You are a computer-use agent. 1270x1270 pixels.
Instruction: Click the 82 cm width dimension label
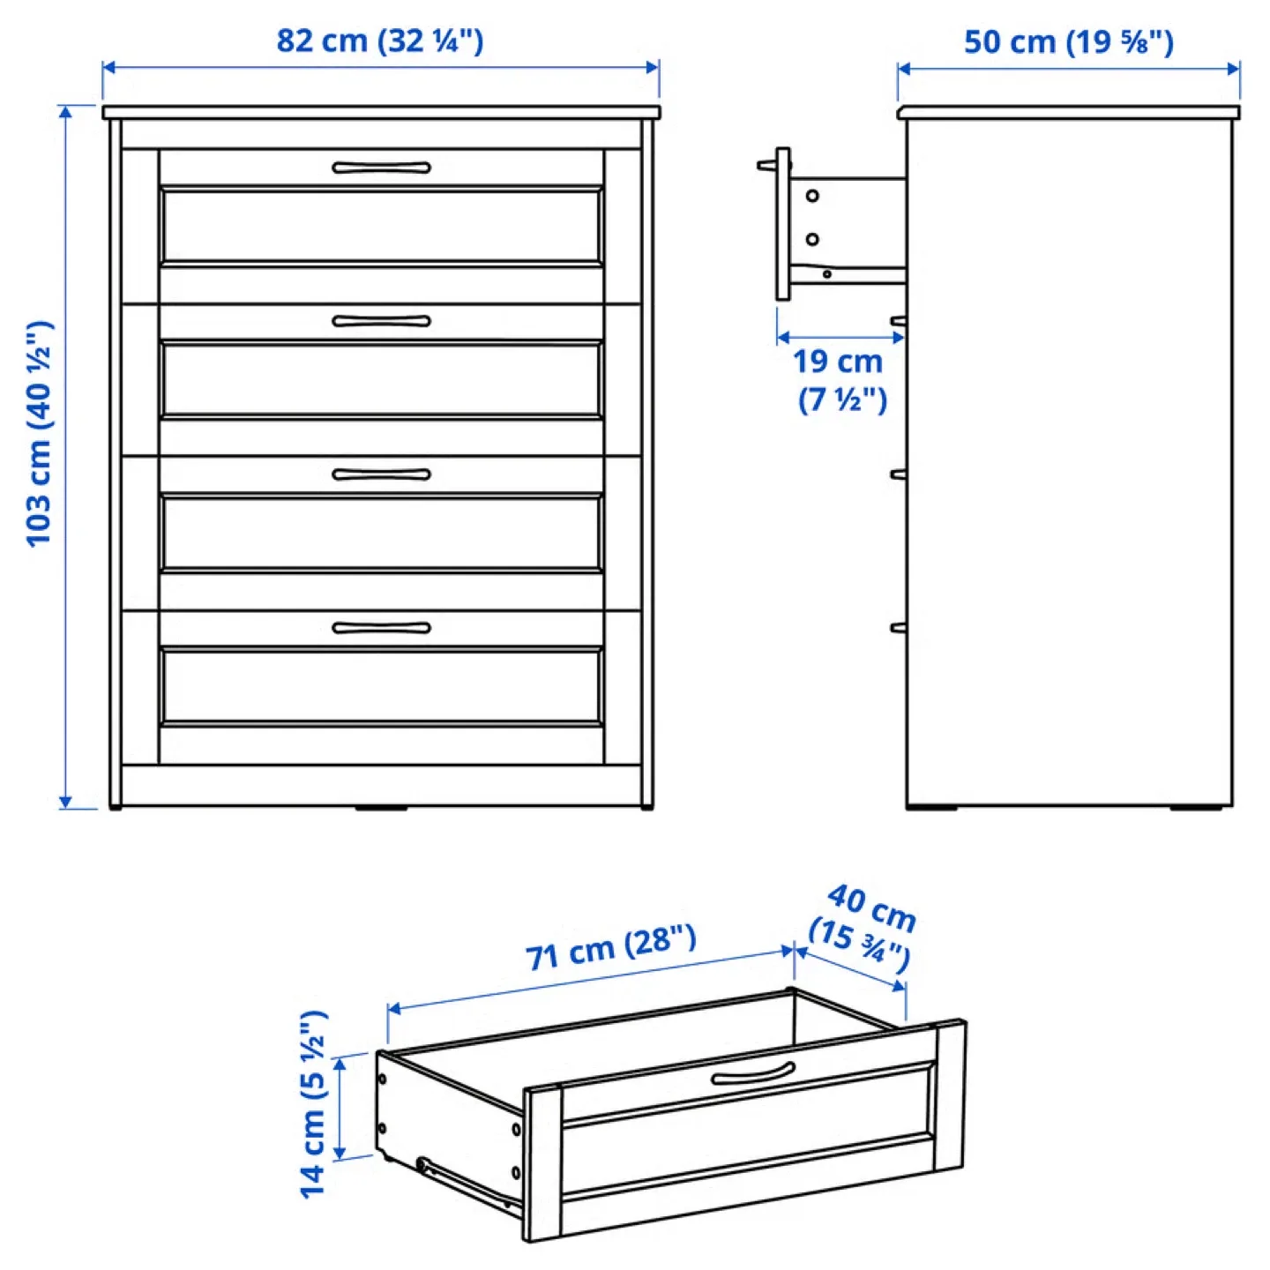coord(380,41)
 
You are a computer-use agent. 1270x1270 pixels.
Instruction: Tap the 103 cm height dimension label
coord(40,434)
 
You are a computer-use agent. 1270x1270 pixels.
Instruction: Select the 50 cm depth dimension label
coord(1068,41)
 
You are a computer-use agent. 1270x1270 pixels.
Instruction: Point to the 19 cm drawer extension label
coord(840,380)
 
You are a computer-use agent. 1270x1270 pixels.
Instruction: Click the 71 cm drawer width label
coord(610,946)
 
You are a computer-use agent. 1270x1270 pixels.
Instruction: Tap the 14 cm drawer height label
coord(314,1104)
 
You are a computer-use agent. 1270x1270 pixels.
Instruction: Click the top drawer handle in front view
coord(381,168)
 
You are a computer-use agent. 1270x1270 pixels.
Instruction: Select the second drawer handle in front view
coord(381,321)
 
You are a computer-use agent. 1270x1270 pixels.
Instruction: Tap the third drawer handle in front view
coord(381,474)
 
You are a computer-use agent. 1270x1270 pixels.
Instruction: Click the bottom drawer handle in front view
coord(381,628)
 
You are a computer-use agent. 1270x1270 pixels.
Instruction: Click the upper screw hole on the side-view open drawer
coord(812,196)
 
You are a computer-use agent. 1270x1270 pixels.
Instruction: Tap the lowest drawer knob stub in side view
coord(899,628)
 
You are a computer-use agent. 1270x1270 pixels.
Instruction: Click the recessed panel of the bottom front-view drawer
coord(381,686)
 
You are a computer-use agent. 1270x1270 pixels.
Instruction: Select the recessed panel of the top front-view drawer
coord(381,225)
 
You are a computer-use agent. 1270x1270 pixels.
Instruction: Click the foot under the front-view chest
coord(382,807)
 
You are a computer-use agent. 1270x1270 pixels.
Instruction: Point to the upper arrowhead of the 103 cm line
coord(65,112)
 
